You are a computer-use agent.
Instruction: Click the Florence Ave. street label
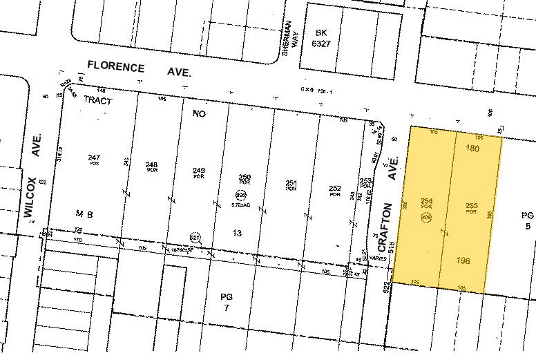(139, 68)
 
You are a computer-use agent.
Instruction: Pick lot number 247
(94, 158)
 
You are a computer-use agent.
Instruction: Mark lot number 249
(199, 170)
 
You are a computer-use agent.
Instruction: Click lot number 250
(243, 177)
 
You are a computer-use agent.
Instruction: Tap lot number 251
(291, 183)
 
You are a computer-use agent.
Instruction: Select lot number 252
(335, 188)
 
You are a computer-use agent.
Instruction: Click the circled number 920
(240, 194)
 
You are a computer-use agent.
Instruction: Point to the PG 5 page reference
(527, 220)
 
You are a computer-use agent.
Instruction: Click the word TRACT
(97, 100)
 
